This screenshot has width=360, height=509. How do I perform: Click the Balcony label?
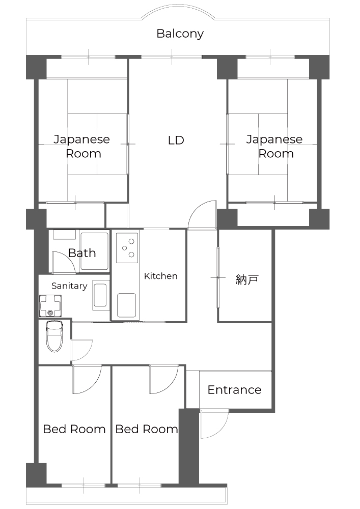point(180,34)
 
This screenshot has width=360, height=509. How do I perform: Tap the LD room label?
point(176,140)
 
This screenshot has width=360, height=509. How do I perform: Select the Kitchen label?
point(161,276)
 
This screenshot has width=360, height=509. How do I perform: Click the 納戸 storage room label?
point(247,279)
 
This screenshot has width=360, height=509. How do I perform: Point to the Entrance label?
point(234,390)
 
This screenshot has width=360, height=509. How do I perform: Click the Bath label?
point(82,253)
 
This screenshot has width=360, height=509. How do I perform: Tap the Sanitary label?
point(69,286)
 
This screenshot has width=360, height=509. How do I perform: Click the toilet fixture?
point(54,336)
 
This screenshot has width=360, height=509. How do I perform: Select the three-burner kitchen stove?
point(128,248)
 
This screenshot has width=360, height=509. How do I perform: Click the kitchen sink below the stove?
point(127,305)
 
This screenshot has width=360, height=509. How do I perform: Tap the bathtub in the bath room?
point(95,251)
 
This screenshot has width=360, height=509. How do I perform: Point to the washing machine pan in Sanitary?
point(50,305)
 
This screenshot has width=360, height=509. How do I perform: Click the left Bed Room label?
point(74,429)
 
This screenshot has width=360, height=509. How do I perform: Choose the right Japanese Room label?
point(274,147)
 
